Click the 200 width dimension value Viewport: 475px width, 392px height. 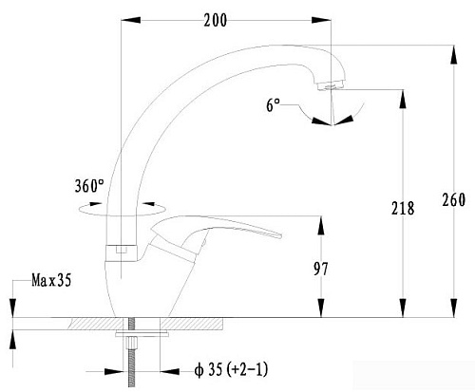click(216, 21)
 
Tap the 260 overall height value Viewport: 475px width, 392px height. click(454, 200)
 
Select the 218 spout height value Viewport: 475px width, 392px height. click(403, 208)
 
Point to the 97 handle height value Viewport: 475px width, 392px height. click(321, 270)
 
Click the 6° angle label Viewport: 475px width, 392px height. click(273, 105)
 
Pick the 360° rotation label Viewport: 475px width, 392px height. click(89, 186)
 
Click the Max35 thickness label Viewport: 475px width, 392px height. click(51, 280)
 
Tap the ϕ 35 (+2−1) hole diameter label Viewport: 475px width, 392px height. click(232, 369)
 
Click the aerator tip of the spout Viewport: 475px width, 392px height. click(330, 85)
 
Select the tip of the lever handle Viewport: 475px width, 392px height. click(279, 235)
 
